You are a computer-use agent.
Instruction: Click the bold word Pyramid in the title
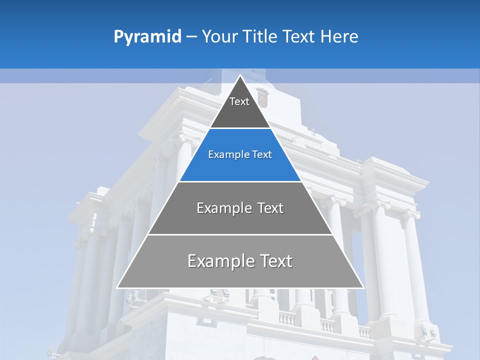[x=147, y=36]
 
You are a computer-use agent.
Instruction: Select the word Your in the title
[x=220, y=36]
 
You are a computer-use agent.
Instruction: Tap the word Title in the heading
[x=260, y=36]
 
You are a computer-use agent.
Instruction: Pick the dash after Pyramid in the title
[x=191, y=36]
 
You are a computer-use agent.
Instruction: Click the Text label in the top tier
[x=239, y=101]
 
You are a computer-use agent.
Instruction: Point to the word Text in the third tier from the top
[x=269, y=208]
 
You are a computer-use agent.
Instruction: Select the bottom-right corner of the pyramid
[x=363, y=287]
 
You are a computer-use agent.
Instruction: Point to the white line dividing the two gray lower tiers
[x=240, y=234]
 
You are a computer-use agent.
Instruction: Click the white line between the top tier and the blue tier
[x=240, y=128]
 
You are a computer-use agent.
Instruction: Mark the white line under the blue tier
[x=240, y=181]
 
